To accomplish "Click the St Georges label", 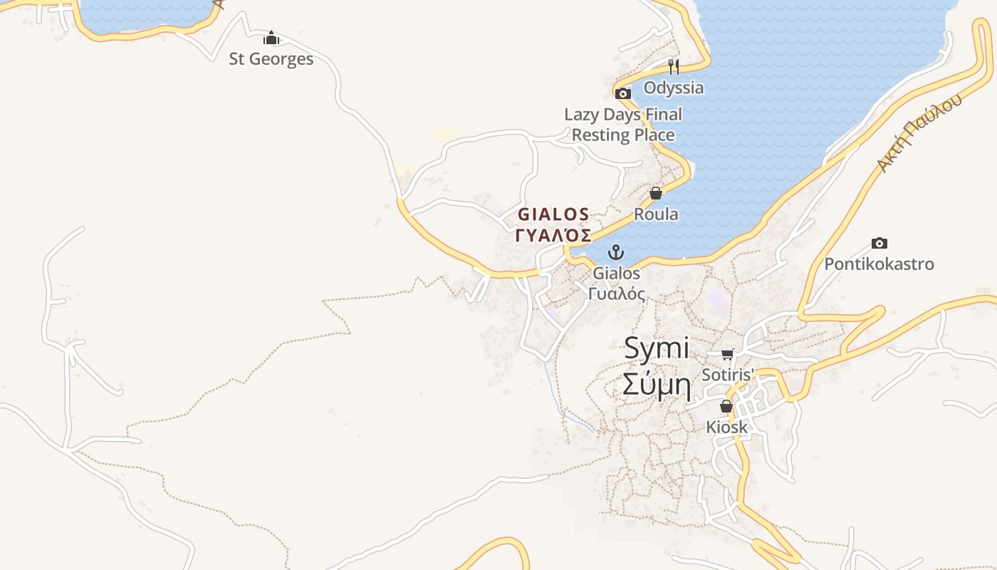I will click(271, 59).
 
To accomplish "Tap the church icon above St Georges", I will click(271, 38).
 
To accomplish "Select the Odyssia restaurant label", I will click(673, 88).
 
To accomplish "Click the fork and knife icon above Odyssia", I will click(673, 67).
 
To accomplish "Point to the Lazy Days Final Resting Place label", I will click(623, 125).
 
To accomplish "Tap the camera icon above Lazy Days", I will click(623, 93).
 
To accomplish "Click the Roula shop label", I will click(656, 214).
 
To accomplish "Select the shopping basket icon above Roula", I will click(656, 193).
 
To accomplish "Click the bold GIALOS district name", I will click(553, 214).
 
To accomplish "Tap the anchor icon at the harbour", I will click(616, 252).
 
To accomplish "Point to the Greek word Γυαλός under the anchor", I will click(617, 294).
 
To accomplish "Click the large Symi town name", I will click(657, 349).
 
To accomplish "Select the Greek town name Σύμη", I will click(657, 385).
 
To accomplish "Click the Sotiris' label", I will click(727, 375).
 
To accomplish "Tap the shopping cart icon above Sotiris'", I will click(727, 354).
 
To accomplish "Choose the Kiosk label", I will click(726, 427).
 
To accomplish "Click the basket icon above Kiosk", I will click(726, 407).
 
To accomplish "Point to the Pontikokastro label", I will click(879, 264).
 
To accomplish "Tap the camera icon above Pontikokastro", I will click(879, 244).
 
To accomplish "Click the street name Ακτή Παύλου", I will click(919, 133).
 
